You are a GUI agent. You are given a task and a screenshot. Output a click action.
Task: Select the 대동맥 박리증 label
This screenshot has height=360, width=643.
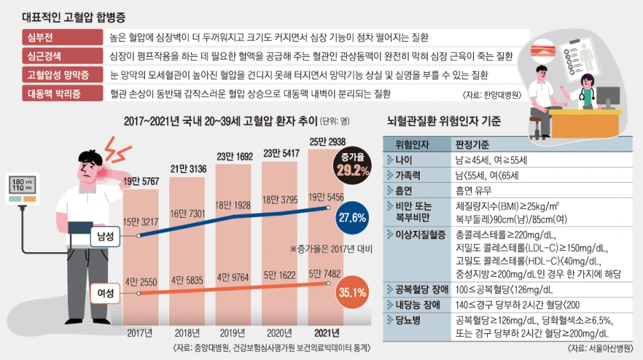click(54, 92)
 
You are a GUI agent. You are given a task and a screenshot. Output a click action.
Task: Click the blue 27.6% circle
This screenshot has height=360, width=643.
click(352, 218)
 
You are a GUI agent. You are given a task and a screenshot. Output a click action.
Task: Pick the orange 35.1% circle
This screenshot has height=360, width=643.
click(352, 292)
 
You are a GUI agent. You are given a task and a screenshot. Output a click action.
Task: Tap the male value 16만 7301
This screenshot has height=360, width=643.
click(188, 214)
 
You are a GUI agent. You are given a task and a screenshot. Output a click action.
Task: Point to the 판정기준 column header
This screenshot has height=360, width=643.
click(474, 145)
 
